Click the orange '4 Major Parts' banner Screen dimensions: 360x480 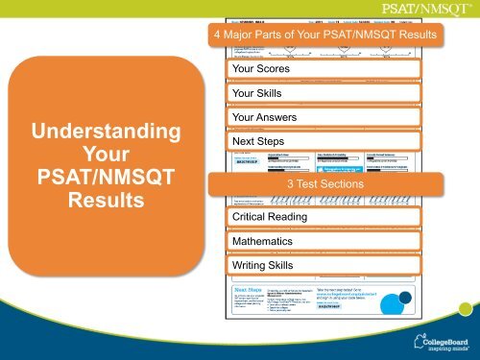pyautogui.click(x=323, y=36)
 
